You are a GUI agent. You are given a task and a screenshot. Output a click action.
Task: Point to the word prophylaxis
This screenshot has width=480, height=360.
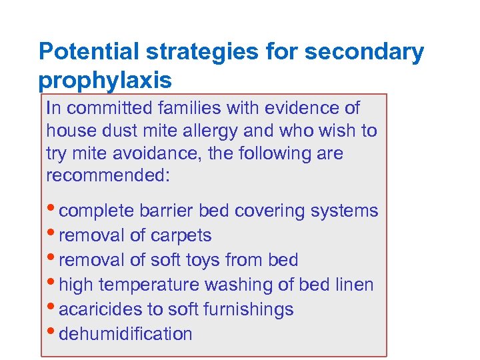tap(105, 81)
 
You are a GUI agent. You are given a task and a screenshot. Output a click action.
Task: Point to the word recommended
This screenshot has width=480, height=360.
tap(108, 176)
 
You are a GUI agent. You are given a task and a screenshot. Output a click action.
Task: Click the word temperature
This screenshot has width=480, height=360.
tap(153, 285)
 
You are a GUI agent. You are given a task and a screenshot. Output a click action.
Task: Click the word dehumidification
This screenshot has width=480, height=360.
tap(125, 334)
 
